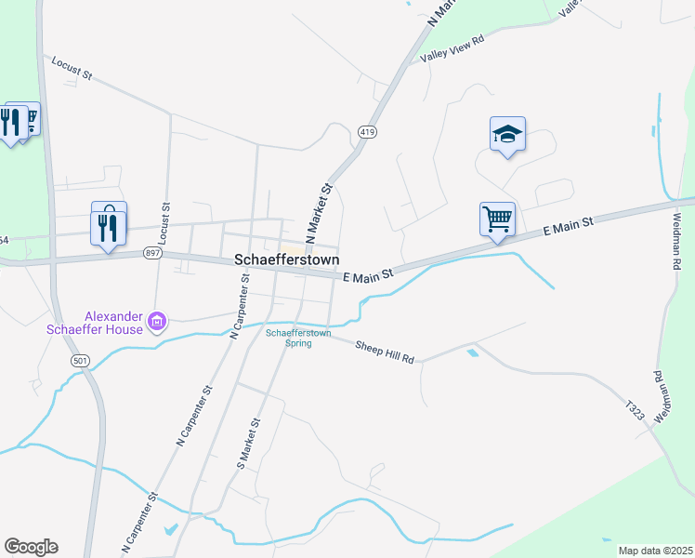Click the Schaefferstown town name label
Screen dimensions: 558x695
coord(286,259)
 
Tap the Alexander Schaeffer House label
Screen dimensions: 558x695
coord(95,322)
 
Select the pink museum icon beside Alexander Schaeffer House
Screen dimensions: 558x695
coord(158,323)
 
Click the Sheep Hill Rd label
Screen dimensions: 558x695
coord(386,351)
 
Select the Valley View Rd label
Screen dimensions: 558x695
coord(452,49)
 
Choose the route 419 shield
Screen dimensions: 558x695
coord(366,133)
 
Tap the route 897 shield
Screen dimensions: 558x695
coord(153,253)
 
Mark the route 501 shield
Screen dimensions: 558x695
coord(81,359)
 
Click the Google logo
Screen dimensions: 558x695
coord(31,547)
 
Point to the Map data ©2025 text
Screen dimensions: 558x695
coord(655,551)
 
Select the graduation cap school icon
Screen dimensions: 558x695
coord(507,135)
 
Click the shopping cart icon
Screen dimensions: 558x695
coord(497,220)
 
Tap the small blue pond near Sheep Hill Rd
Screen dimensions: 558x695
coord(474,352)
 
